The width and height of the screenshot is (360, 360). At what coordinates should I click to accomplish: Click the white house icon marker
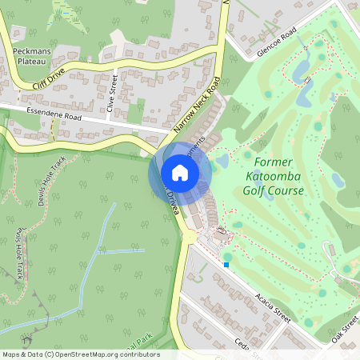(x=180, y=172)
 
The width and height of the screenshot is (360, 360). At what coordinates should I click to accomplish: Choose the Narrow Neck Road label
(x=197, y=104)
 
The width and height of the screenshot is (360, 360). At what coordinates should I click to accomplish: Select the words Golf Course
(x=273, y=191)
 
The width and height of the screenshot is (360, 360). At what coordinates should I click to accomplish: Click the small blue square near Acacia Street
(x=226, y=265)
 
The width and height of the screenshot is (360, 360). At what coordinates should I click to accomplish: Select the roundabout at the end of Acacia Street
(x=189, y=237)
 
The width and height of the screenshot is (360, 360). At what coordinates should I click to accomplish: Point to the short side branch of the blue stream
(x=122, y=252)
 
